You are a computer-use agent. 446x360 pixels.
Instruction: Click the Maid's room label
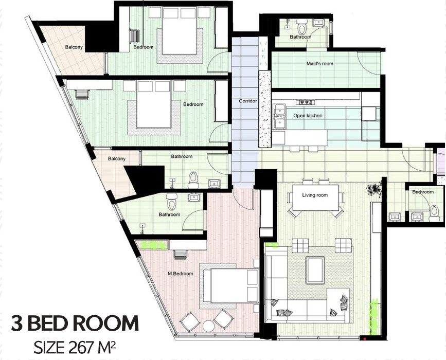click(x=319, y=63)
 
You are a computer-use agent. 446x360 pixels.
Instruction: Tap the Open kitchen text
click(x=308, y=115)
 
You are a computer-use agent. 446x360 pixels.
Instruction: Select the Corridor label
click(x=248, y=101)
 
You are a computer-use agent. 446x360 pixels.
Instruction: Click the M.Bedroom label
click(x=181, y=274)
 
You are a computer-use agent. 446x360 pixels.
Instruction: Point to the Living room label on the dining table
click(x=315, y=195)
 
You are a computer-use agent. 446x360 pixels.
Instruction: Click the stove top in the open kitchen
click(x=306, y=101)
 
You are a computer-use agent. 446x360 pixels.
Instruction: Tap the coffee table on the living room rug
click(x=315, y=271)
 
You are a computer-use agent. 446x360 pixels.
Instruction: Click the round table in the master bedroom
click(x=208, y=326)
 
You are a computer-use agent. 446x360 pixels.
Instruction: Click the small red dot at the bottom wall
click(x=365, y=338)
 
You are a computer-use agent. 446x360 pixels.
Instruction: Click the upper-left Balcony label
click(x=74, y=47)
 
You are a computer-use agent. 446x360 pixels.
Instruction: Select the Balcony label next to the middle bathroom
click(x=117, y=158)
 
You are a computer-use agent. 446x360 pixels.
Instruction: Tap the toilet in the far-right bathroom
click(x=434, y=213)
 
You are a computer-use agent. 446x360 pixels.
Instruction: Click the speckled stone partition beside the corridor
click(x=265, y=109)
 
